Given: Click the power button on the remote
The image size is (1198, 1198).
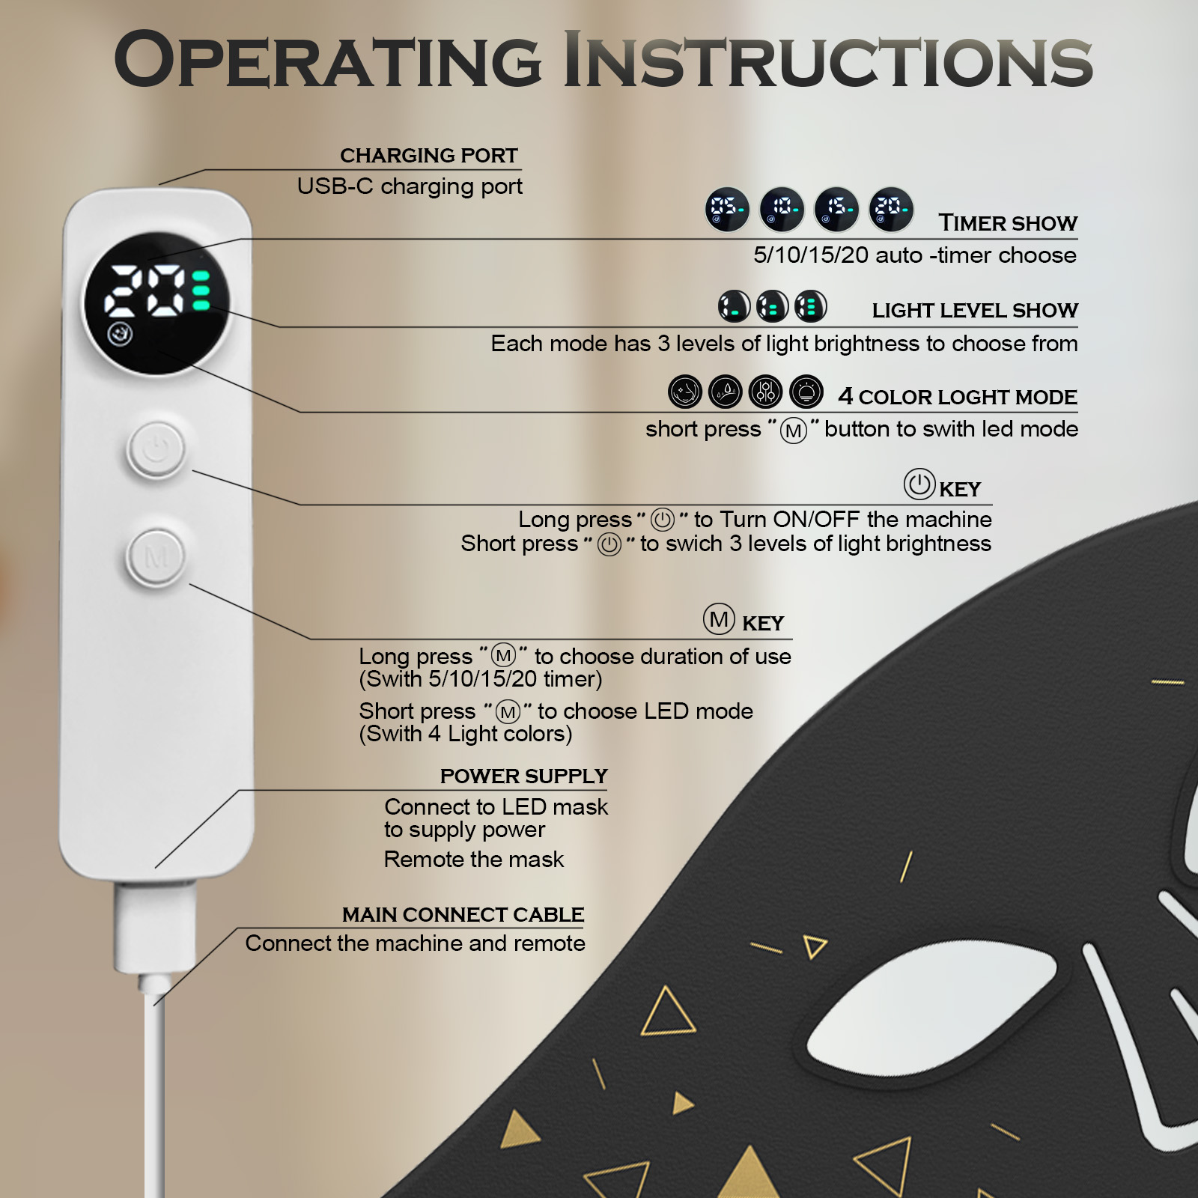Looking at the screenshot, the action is [156, 449].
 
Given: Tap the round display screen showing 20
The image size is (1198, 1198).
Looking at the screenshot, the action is [156, 303].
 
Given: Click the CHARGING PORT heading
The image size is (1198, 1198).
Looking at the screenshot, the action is [429, 156].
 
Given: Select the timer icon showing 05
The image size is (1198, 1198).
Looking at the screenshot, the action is [727, 209].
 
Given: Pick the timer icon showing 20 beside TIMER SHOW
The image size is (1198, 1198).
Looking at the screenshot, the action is [891, 209].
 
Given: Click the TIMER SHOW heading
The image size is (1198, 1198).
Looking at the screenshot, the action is [1008, 223].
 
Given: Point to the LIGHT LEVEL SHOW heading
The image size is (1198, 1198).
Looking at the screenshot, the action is [975, 310].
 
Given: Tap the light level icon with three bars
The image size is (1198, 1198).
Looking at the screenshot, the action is [811, 306].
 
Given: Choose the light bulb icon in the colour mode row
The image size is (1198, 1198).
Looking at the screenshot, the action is [806, 392].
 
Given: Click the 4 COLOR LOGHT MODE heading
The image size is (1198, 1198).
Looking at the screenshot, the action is [958, 396].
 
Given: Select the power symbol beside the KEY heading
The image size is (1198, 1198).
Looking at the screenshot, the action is [919, 484].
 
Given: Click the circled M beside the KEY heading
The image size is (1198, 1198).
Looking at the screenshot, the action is [719, 619].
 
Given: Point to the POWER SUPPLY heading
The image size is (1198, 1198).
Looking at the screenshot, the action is [524, 776].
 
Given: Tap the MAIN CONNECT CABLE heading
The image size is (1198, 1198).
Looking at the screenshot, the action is [463, 915].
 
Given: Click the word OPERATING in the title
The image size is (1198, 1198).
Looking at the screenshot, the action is [327, 60].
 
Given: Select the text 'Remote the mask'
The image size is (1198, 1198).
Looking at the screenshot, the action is [474, 860].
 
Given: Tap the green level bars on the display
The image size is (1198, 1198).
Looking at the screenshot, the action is [201, 290].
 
